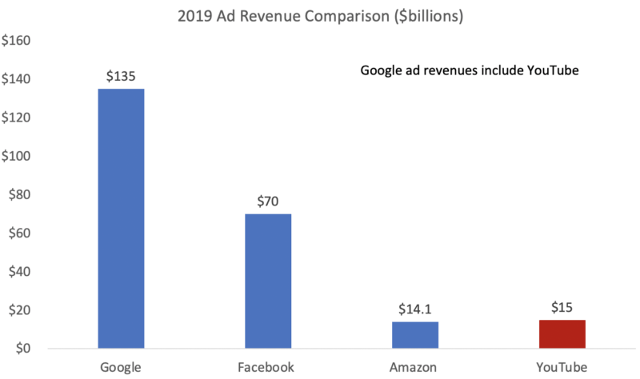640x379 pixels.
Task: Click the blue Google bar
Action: pyautogui.click(x=121, y=218)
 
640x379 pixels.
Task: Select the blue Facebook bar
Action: pyautogui.click(x=268, y=281)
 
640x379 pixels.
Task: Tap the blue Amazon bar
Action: pyautogui.click(x=414, y=335)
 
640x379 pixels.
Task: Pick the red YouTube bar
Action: pyautogui.click(x=562, y=334)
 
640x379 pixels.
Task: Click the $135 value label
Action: pyautogui.click(x=121, y=77)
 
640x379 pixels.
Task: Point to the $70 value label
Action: pyautogui.click(x=268, y=202)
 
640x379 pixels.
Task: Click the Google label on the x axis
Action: pyautogui.click(x=122, y=367)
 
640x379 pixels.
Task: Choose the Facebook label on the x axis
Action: pyautogui.click(x=268, y=367)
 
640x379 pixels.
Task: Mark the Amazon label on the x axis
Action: pyautogui.click(x=414, y=367)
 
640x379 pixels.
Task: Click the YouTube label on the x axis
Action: pyautogui.click(x=562, y=367)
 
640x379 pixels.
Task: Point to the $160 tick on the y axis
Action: pyautogui.click(x=17, y=41)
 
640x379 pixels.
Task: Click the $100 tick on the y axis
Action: pyautogui.click(x=17, y=157)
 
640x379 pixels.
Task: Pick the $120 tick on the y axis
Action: pyautogui.click(x=17, y=118)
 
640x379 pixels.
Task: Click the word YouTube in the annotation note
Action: pyautogui.click(x=551, y=71)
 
